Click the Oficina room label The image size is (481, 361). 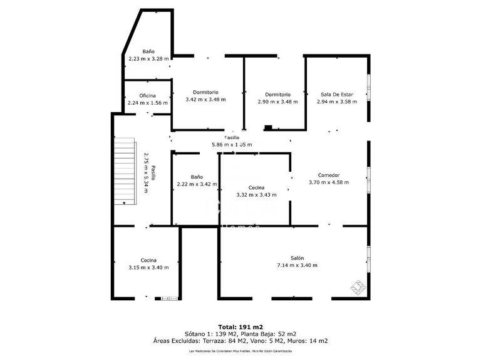148,95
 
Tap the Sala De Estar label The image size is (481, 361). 336,95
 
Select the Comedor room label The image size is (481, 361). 329,175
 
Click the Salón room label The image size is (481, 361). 297,258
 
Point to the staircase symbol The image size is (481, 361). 125,171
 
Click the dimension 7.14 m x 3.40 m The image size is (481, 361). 297,266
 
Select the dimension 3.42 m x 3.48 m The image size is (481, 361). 206,100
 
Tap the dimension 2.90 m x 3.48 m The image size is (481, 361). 277,102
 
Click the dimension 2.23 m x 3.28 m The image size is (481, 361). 148,59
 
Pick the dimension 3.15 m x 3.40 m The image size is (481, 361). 148,268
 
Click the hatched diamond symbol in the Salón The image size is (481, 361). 358,287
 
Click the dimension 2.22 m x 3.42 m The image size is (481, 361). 197,184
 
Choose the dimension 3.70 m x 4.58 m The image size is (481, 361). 329,183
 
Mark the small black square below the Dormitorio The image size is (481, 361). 268,128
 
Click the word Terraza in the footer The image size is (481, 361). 211,342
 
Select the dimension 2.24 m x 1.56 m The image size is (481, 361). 148,103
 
